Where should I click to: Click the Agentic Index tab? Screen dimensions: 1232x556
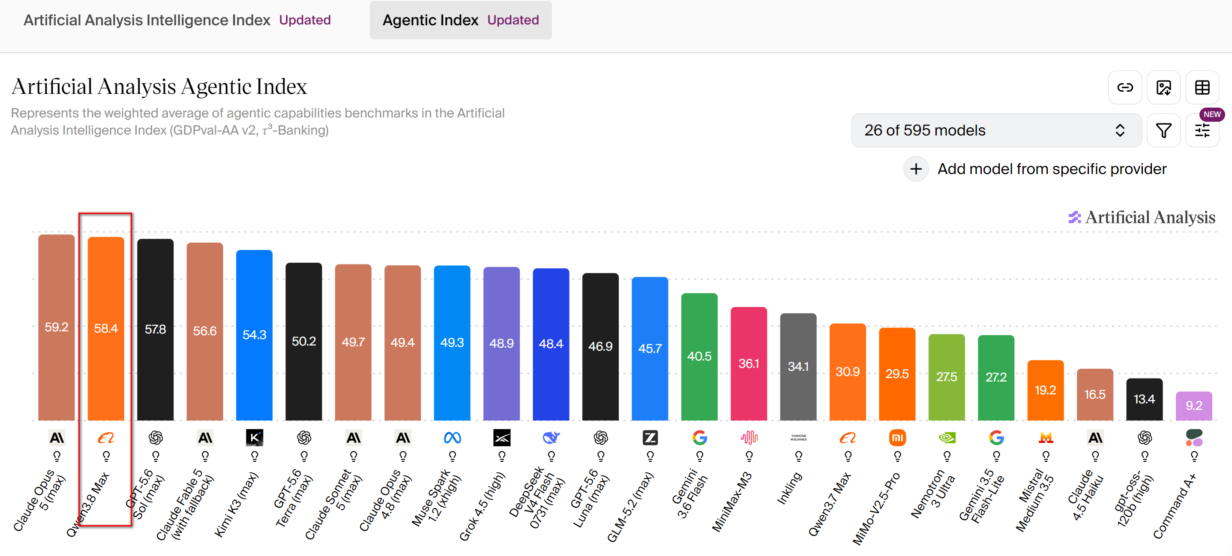(461, 20)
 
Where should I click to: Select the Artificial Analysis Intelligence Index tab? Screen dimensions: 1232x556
(177, 20)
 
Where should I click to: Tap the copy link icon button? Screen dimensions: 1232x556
(1125, 87)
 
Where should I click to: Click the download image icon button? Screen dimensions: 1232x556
(1163, 87)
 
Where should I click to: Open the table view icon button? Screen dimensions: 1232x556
(1202, 87)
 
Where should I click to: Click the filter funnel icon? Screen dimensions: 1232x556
(1163, 130)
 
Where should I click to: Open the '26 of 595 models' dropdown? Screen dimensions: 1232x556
(996, 130)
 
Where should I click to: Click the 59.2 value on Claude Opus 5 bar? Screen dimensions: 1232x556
(57, 327)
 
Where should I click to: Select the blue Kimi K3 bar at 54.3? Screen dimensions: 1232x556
(255, 335)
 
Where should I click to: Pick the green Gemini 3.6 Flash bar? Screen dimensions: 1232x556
(699, 357)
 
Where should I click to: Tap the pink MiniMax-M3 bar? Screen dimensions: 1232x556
(749, 364)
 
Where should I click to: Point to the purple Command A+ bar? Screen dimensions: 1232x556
(1194, 406)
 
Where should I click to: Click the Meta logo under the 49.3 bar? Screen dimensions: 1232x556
(452, 438)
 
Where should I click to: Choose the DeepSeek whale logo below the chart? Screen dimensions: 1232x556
(551, 438)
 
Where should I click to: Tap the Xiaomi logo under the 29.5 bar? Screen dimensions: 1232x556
(897, 438)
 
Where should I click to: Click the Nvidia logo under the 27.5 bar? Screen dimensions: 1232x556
(947, 438)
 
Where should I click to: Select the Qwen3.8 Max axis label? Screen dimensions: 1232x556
(88, 504)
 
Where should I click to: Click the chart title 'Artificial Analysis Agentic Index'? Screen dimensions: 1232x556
(159, 87)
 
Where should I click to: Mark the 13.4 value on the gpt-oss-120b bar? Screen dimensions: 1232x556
(1144, 399)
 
